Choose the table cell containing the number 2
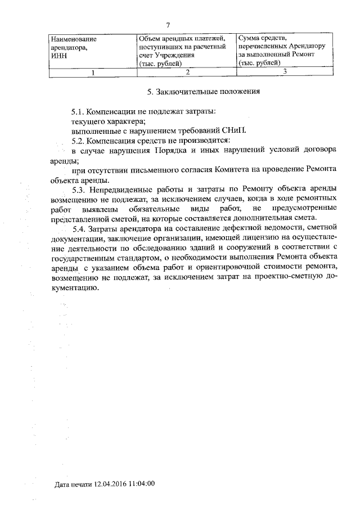click(x=187, y=72)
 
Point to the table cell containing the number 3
click(x=285, y=71)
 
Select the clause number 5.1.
click(x=79, y=112)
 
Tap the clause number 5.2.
click(x=80, y=139)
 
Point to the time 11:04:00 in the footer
click(x=143, y=483)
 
